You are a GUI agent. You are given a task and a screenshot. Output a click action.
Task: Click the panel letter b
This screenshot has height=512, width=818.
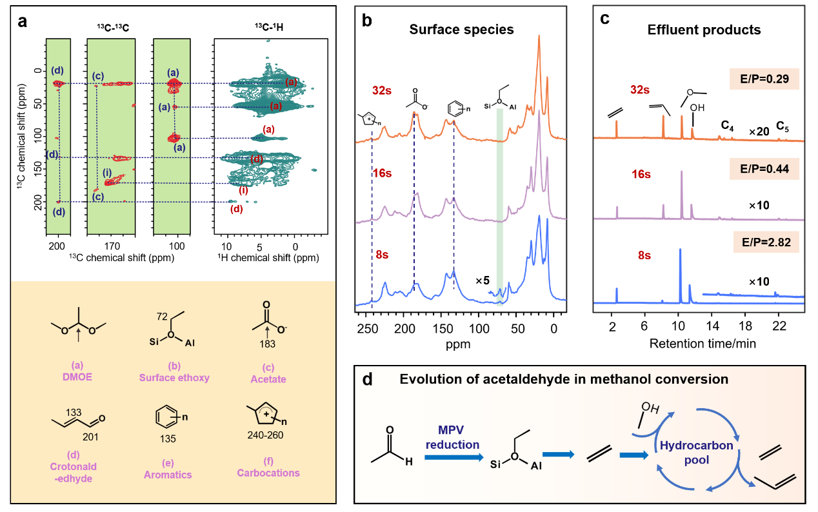coord(366,20)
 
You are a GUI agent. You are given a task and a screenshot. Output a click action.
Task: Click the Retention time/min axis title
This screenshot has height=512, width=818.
coord(703,344)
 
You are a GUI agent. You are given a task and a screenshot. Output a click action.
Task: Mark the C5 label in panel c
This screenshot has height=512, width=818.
coord(783,125)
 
